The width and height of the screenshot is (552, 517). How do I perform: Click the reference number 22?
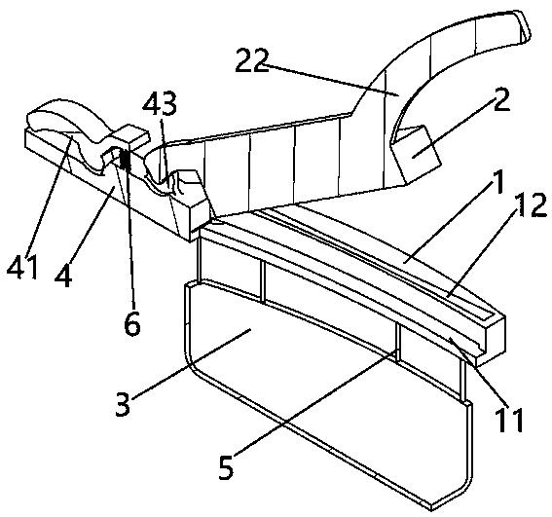252,60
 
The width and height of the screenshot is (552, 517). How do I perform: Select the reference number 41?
22,267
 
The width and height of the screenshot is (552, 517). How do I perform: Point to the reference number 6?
132,323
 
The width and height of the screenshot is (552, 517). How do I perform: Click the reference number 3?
124,404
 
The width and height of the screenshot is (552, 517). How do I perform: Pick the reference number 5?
226,466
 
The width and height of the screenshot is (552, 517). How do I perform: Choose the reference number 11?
508,420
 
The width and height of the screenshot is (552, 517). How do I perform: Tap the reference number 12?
531,204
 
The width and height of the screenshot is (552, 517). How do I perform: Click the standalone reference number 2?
501,99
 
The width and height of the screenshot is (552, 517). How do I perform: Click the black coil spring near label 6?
125,160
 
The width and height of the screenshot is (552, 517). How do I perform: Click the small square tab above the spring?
131,134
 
